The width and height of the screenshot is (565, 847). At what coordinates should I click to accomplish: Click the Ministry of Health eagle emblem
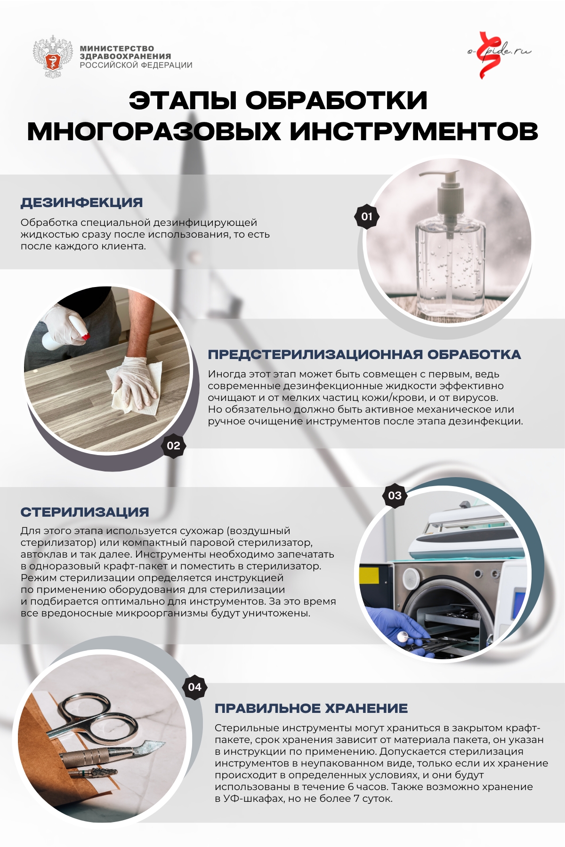(53, 57)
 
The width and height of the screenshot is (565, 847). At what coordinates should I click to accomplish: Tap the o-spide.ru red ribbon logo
(488, 55)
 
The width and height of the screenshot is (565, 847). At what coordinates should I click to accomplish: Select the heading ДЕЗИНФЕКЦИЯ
(81, 202)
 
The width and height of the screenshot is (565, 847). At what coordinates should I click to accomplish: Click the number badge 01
(367, 216)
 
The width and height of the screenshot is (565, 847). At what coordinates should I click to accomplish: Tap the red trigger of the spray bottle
(85, 336)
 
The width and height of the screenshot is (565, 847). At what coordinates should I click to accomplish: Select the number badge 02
(173, 446)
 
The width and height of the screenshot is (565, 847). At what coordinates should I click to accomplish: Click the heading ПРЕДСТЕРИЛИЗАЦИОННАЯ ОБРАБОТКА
(364, 354)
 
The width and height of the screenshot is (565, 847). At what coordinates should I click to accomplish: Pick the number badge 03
(395, 495)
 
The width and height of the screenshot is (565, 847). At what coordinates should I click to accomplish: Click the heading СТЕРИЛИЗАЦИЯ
(85, 512)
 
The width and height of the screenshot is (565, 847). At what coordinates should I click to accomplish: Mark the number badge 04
(194, 687)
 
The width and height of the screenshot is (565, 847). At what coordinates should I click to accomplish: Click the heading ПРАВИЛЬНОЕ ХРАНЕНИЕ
(311, 708)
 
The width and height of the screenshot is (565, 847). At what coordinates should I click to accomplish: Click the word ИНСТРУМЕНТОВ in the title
(414, 131)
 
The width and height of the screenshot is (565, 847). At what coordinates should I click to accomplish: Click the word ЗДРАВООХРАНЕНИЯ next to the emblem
(125, 56)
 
